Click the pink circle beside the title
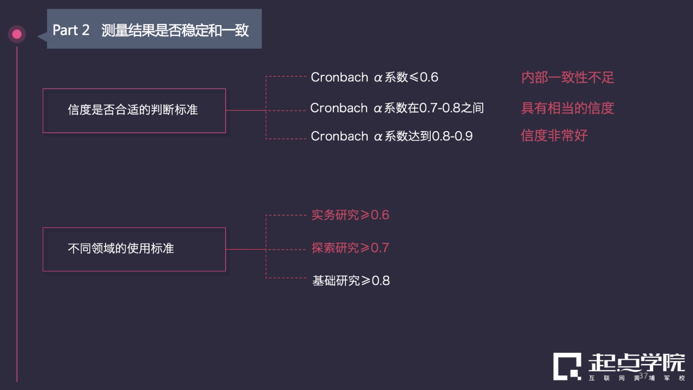click(17, 34)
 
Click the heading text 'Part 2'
click(71, 31)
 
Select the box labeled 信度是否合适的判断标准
click(134, 110)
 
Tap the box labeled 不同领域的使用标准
click(134, 249)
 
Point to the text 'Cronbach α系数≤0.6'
click(374, 78)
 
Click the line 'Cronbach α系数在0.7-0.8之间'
click(397, 108)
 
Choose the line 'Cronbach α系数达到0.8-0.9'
click(391, 136)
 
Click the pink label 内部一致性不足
click(567, 78)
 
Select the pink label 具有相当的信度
click(567, 108)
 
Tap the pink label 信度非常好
click(554, 135)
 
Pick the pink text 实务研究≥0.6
click(350, 215)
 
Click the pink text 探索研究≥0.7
click(350, 248)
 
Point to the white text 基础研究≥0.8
click(351, 281)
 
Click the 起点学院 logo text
click(636, 363)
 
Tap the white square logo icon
click(567, 367)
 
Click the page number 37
click(643, 376)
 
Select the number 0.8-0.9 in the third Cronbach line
click(452, 137)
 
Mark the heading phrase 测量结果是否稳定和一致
click(175, 31)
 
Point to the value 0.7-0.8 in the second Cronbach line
click(439, 108)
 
